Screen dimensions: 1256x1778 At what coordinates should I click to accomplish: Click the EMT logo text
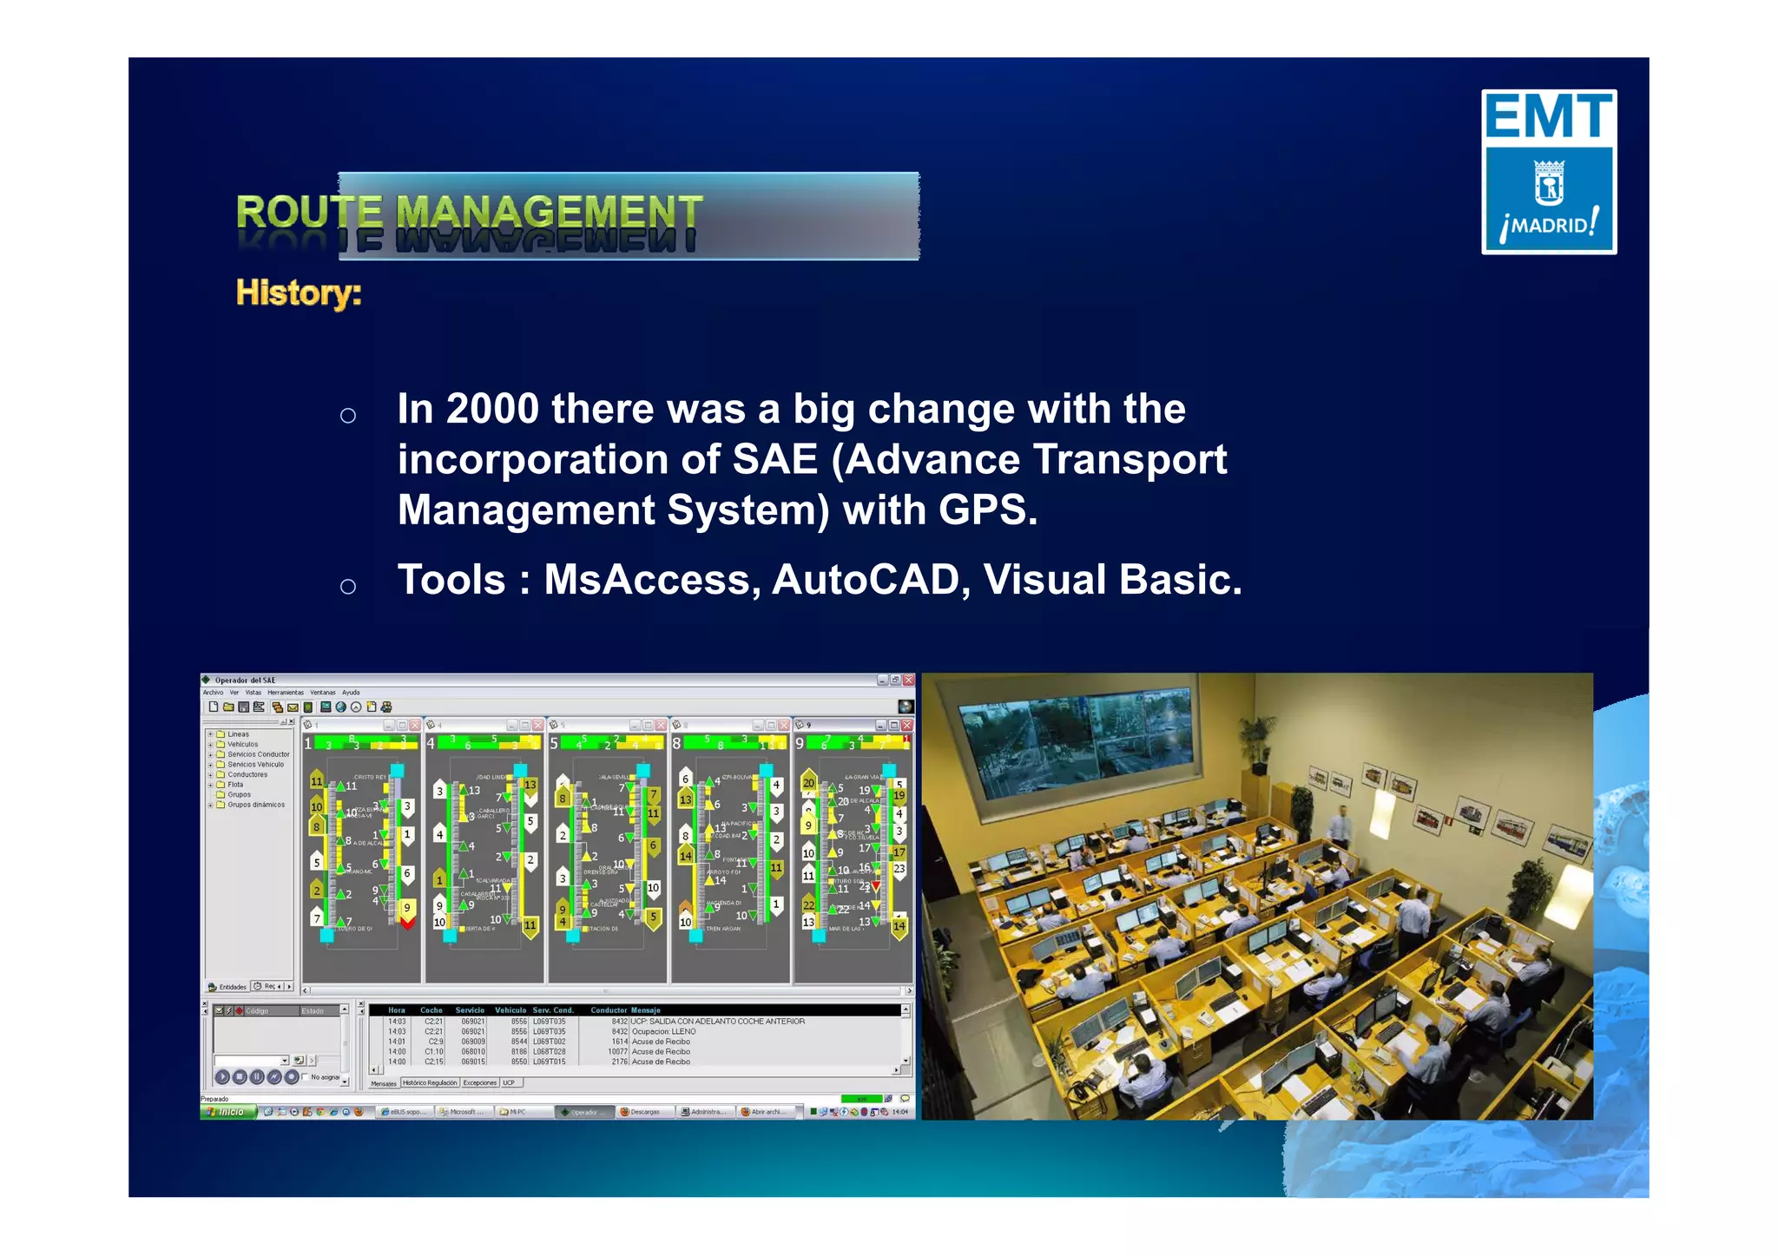click(1548, 117)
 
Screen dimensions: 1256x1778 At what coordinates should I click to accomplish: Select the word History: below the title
click(299, 293)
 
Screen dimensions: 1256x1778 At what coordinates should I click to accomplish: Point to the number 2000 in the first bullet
click(492, 409)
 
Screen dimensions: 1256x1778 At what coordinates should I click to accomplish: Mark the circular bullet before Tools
click(348, 587)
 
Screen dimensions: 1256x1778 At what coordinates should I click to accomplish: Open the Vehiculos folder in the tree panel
click(242, 744)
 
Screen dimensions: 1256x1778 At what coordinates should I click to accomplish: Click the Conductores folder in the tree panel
click(247, 774)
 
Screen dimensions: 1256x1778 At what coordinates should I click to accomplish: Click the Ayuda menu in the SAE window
click(351, 693)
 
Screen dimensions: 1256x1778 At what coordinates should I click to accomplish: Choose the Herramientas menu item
click(285, 693)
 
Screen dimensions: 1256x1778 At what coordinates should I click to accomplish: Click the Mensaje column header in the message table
click(646, 1010)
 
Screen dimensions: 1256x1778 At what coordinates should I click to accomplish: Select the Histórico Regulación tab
click(429, 1082)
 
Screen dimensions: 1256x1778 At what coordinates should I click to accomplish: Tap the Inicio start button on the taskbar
click(228, 1112)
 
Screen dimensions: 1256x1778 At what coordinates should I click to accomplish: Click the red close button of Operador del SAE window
click(908, 680)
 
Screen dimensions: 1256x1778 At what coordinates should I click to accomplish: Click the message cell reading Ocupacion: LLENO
click(663, 1031)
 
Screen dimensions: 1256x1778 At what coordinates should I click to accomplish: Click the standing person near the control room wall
click(1343, 825)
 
